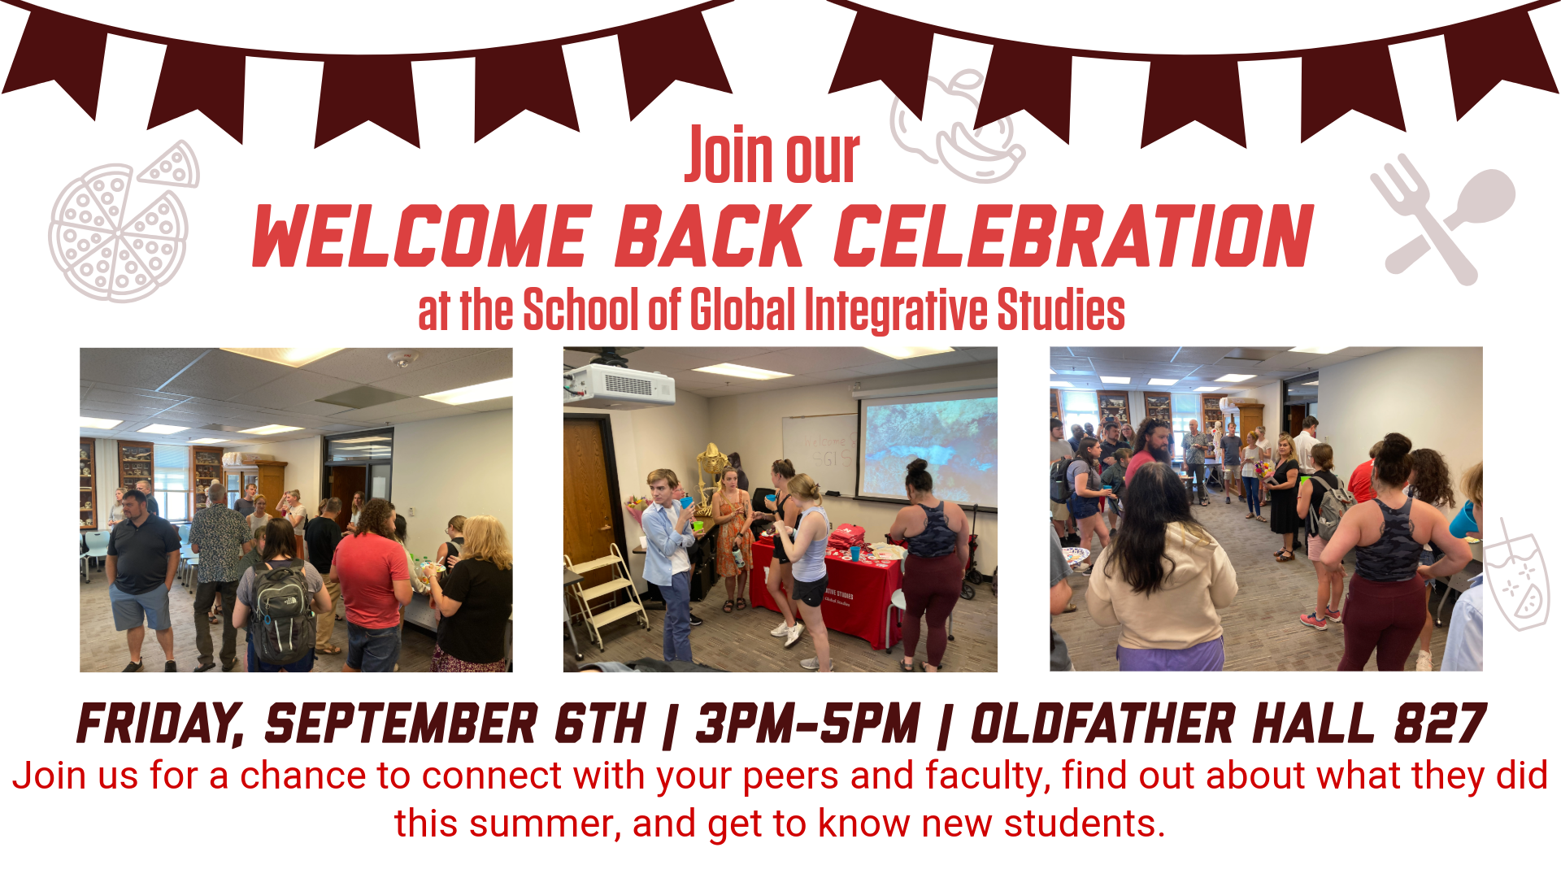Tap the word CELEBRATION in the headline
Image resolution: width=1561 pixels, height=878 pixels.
tap(1074, 236)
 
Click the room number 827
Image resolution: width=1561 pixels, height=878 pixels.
tap(1441, 724)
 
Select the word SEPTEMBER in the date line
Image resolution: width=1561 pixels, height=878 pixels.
tap(401, 724)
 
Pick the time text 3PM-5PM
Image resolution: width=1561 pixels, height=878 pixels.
tap(808, 724)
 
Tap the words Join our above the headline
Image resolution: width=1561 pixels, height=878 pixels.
tap(772, 154)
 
